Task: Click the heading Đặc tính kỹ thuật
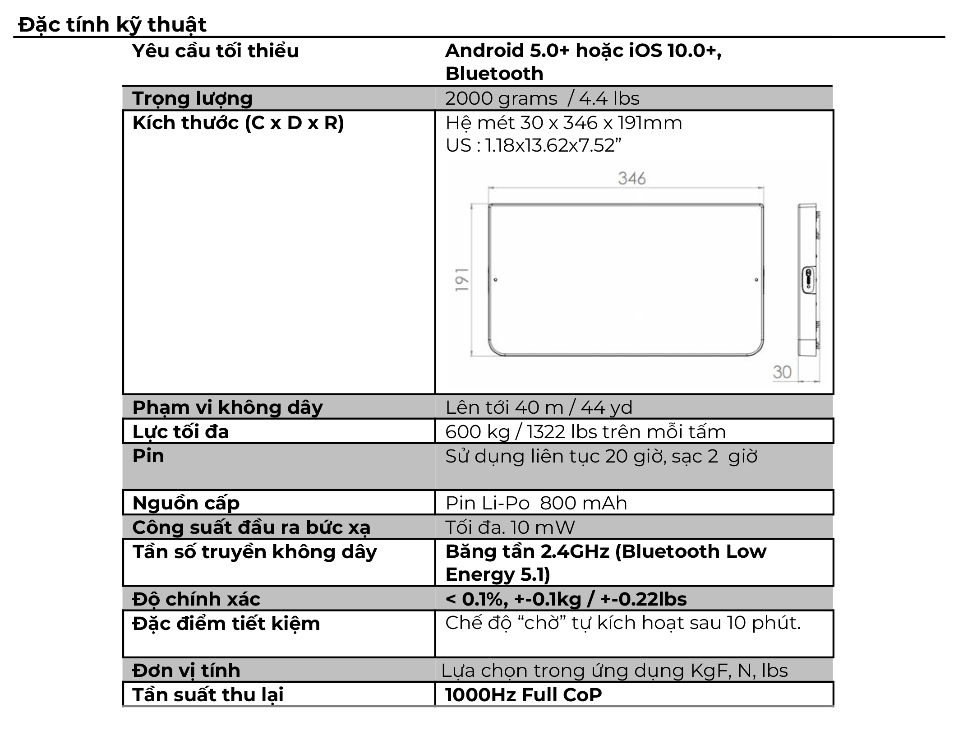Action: coord(112,25)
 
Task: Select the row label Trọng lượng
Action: coord(192,98)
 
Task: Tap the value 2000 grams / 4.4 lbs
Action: coord(542,98)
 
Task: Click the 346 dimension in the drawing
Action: coord(632,179)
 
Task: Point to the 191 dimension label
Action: coord(462,280)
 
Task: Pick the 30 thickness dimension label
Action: coord(782,372)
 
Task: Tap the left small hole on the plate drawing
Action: coord(495,280)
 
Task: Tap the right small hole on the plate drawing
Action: coord(756,280)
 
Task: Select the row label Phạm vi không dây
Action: coord(227,407)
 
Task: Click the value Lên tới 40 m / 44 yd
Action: coord(539,407)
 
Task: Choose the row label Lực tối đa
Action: coord(180,432)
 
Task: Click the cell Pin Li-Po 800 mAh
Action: coord(536,503)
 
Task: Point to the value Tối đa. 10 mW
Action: coord(510,527)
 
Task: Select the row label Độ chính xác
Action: coord(196,599)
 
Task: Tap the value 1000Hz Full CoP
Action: coord(523,695)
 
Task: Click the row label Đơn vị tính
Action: coord(186,671)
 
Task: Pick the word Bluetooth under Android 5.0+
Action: coord(494,74)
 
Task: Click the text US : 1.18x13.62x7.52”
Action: coord(533,146)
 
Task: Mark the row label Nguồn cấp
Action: coord(186,503)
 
